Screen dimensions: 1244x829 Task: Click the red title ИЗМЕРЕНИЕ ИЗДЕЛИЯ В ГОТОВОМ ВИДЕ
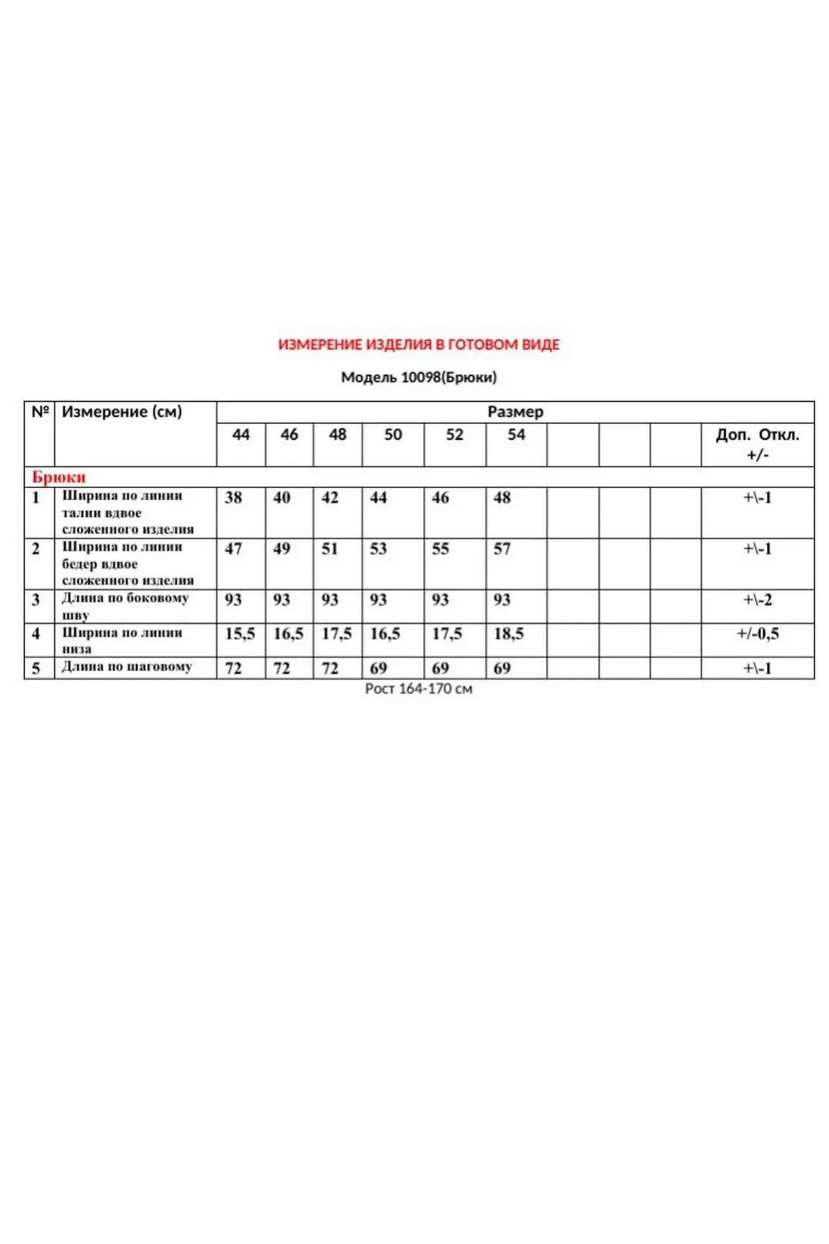419,345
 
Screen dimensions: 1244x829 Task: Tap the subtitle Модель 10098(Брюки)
419,378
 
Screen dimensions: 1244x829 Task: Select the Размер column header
515,412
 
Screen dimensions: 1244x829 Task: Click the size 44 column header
241,435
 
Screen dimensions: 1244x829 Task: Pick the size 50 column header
392,435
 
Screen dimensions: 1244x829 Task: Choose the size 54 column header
516,435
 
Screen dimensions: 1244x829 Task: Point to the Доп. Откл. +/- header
757,444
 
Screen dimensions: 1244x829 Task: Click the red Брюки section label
58,477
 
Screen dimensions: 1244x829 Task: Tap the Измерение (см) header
122,412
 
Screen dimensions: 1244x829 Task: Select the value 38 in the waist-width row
233,498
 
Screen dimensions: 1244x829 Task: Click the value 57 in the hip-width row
502,549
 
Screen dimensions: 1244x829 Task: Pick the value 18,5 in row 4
509,634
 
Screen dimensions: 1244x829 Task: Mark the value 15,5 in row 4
240,634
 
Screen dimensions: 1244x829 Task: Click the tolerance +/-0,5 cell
757,634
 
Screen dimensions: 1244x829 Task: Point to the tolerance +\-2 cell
757,600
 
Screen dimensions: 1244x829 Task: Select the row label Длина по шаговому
127,667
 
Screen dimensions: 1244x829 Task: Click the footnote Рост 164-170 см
419,689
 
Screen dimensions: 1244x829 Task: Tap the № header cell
40,412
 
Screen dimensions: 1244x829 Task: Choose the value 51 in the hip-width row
330,549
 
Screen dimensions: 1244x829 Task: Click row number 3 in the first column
35,600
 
